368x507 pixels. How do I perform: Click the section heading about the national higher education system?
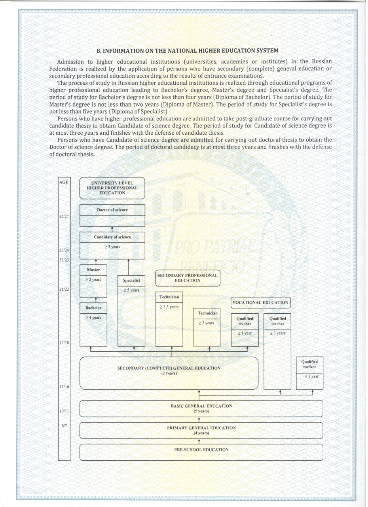[x=188, y=51]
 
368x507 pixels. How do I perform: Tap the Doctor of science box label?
[x=112, y=210]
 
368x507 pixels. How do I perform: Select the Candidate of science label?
[x=112, y=237]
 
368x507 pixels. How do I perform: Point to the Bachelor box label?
[x=93, y=308]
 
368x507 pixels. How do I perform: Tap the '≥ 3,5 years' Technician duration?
[x=169, y=307]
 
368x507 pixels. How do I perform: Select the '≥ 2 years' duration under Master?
[x=93, y=280]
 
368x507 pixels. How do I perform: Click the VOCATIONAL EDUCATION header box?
[x=260, y=303]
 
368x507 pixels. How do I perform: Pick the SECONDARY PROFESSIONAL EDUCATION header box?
[x=188, y=278]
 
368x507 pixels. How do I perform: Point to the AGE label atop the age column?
[x=64, y=182]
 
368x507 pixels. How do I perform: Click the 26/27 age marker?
[x=64, y=216]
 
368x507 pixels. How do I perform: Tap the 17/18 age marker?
[x=64, y=343]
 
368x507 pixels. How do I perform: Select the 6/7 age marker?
[x=63, y=426]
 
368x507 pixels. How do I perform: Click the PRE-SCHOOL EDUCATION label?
[x=201, y=450]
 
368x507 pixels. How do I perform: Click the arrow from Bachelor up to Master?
[x=96, y=300]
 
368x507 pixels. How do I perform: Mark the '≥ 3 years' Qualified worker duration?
[x=277, y=334]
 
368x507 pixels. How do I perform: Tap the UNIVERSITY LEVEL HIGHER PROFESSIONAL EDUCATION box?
[x=112, y=188]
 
